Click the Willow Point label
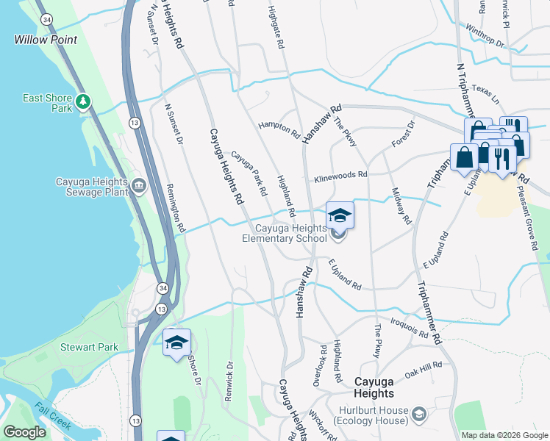click(x=46, y=40)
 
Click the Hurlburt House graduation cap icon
click(x=418, y=415)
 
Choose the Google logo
click(x=24, y=432)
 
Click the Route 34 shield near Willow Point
click(x=46, y=20)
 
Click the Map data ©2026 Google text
click(x=504, y=435)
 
